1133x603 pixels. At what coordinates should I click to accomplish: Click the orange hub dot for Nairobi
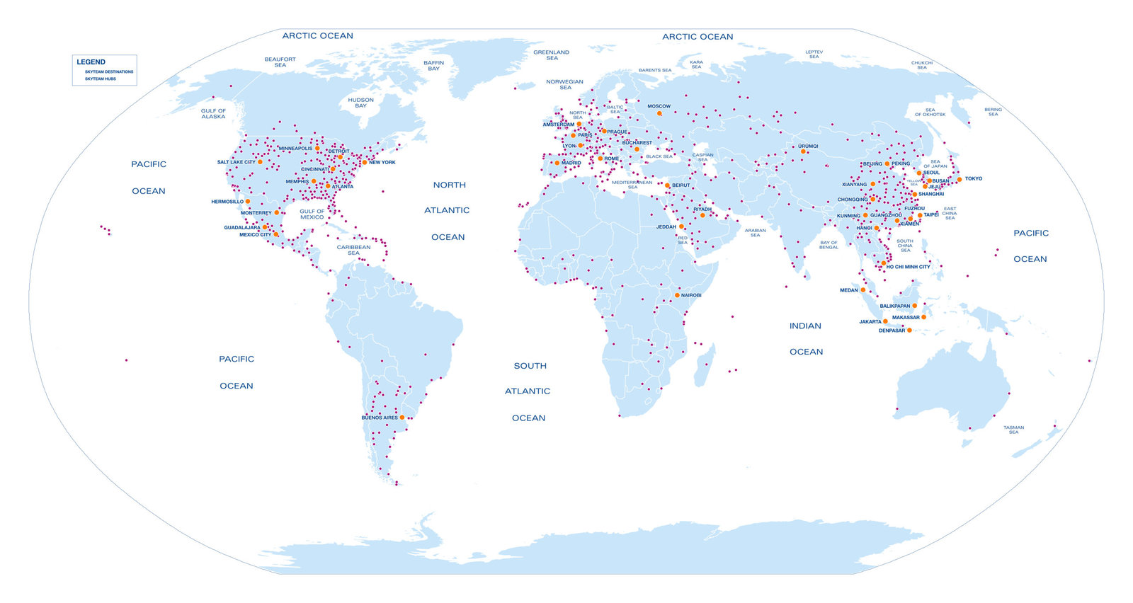[677, 295]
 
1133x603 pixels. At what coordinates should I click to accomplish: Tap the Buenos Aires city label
[380, 418]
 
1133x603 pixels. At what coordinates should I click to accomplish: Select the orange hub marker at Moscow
[659, 113]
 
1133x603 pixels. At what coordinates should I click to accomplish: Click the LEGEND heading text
[91, 62]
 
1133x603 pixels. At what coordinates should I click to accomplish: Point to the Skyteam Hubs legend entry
[100, 79]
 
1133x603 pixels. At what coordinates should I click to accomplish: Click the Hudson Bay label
[360, 103]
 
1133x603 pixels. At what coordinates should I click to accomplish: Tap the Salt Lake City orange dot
[260, 162]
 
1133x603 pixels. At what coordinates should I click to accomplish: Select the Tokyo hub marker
[960, 179]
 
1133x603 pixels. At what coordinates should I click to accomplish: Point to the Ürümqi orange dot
[803, 151]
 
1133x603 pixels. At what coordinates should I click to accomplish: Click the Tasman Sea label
[1013, 430]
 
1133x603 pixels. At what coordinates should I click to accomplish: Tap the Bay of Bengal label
[829, 245]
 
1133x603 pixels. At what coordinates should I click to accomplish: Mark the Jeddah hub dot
[681, 227]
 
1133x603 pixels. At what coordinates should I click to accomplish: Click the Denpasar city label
[892, 331]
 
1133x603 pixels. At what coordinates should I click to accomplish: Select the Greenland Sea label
[551, 55]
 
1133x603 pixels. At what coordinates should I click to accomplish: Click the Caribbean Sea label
[353, 250]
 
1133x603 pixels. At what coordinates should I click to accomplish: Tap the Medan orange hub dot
[862, 289]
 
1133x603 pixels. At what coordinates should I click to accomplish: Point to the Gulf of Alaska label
[213, 113]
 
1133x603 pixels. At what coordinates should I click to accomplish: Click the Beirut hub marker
[667, 185]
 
